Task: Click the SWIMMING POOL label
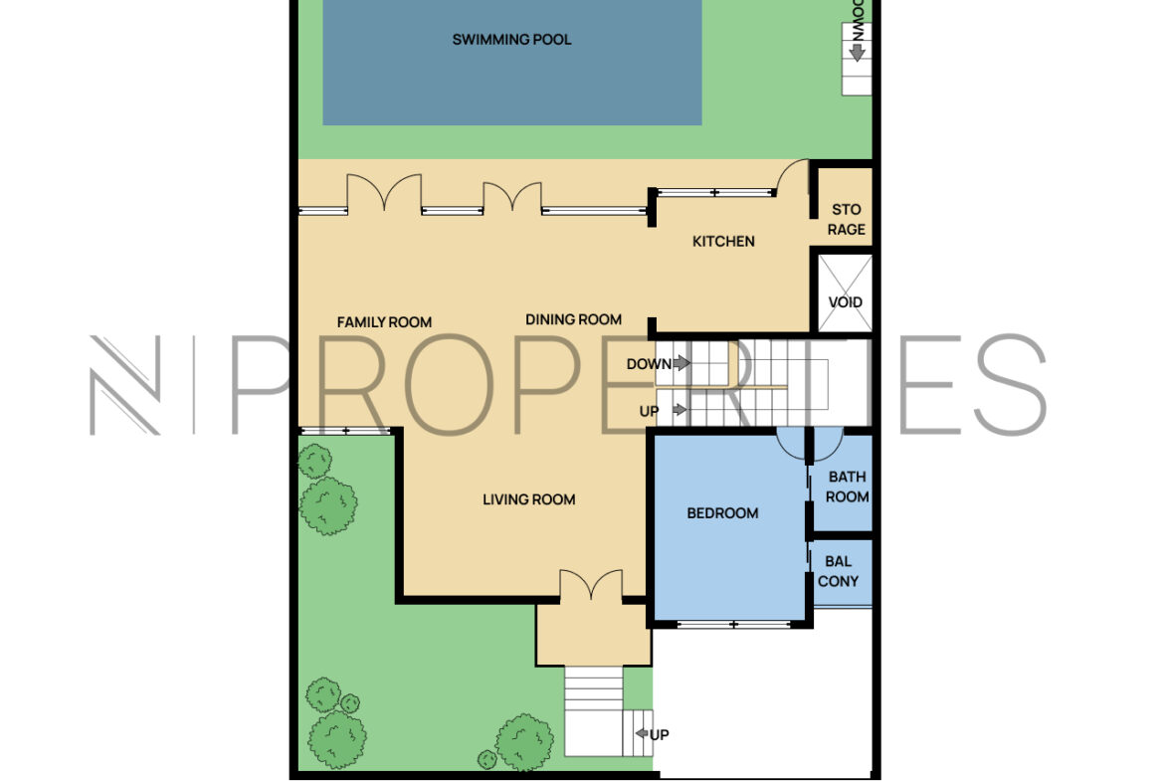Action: [511, 40]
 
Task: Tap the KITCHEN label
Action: [723, 242]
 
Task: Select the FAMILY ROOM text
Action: [384, 322]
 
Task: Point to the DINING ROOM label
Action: [573, 319]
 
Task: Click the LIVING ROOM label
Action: [528, 499]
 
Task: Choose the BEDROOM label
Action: [722, 513]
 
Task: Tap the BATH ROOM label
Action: [847, 488]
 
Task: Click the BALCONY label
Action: [838, 572]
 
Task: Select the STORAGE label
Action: [847, 220]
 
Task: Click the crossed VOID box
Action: [845, 293]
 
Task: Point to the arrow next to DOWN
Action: [681, 363]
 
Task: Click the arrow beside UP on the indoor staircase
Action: [679, 410]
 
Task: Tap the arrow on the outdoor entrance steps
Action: [642, 734]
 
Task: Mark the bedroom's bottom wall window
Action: [733, 625]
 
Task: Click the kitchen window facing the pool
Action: [715, 192]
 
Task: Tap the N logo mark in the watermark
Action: [124, 385]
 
